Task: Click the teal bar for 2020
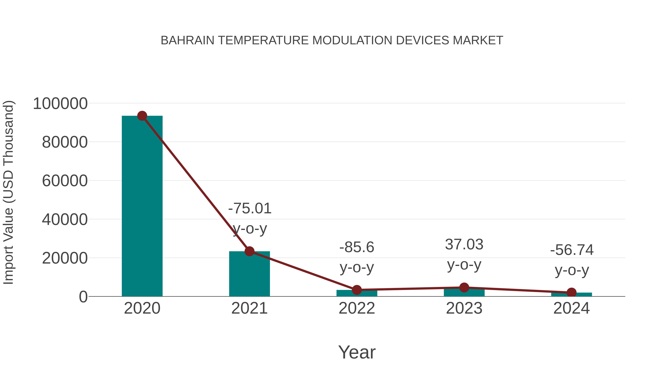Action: pyautogui.click(x=142, y=206)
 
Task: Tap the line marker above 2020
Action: pyautogui.click(x=142, y=116)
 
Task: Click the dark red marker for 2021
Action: pyautogui.click(x=249, y=251)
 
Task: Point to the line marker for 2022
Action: pyautogui.click(x=357, y=290)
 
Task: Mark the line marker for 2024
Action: pyautogui.click(x=571, y=292)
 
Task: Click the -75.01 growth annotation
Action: pyautogui.click(x=250, y=209)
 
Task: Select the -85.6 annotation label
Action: pyautogui.click(x=357, y=247)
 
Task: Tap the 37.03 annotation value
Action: pyautogui.click(x=464, y=244)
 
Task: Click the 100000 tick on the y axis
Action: pyautogui.click(x=60, y=104)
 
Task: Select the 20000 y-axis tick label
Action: pyautogui.click(x=65, y=258)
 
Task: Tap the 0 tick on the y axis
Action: pyautogui.click(x=83, y=297)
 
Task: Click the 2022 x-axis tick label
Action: pyautogui.click(x=357, y=308)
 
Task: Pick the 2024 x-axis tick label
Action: pyautogui.click(x=571, y=308)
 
